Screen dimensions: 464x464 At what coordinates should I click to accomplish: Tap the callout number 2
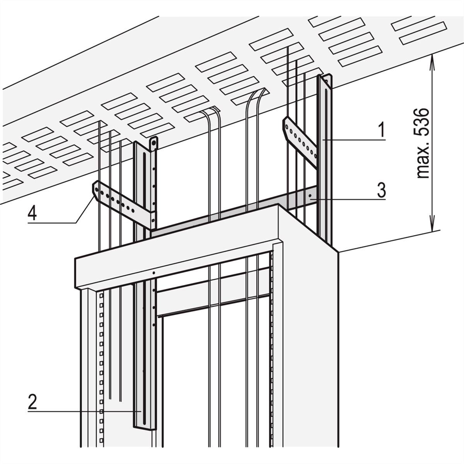click(32, 401)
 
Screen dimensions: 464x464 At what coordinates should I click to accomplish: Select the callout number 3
click(381, 189)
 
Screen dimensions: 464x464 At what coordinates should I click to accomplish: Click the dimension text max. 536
click(423, 143)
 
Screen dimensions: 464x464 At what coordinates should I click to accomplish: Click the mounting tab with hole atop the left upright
click(153, 144)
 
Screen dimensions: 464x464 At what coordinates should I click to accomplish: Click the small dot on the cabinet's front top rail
click(154, 273)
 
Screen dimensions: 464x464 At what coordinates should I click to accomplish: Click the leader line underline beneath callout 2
click(84, 411)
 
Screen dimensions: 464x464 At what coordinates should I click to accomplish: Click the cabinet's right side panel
click(310, 337)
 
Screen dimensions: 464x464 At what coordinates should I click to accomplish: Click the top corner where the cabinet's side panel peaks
click(278, 205)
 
